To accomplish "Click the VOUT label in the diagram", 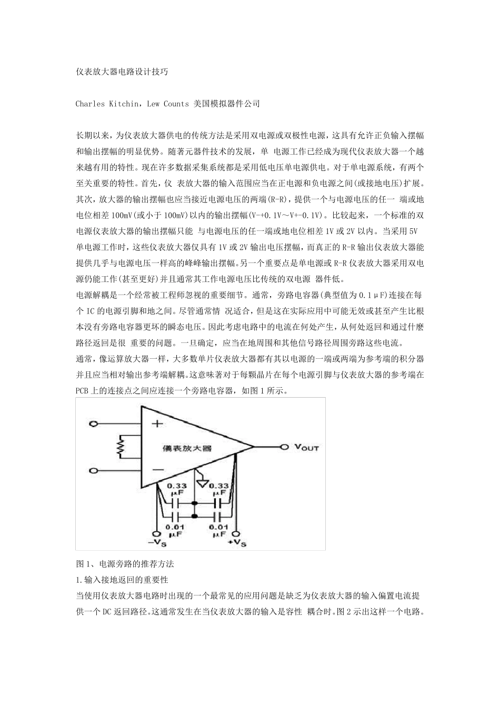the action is [x=306, y=447].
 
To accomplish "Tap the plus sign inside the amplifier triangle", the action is [x=157, y=424].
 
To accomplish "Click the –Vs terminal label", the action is [x=156, y=541].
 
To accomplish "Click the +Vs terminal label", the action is [x=237, y=541].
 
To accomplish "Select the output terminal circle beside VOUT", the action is [x=285, y=447].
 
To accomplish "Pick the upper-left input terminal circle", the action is [x=94, y=424].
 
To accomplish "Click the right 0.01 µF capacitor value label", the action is [x=219, y=530].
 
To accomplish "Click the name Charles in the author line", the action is [x=92, y=104].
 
